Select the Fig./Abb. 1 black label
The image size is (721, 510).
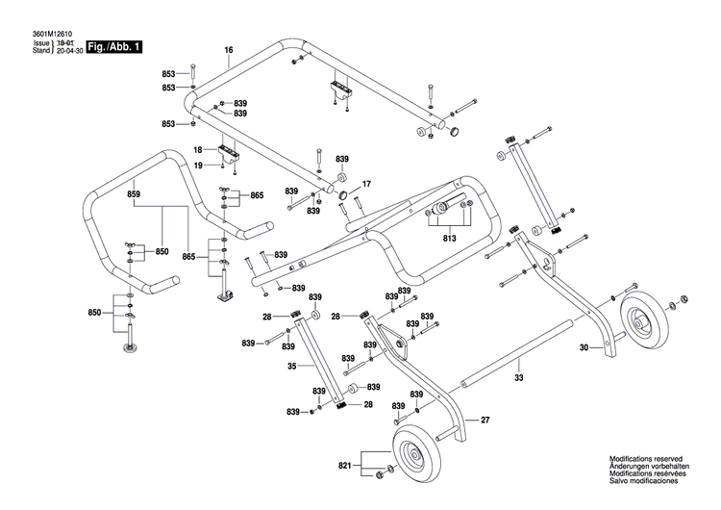112,47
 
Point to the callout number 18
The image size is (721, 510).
197,150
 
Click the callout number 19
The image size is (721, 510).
197,166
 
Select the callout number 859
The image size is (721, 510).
134,194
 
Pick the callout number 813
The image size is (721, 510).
448,239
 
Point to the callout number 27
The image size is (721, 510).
485,420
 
